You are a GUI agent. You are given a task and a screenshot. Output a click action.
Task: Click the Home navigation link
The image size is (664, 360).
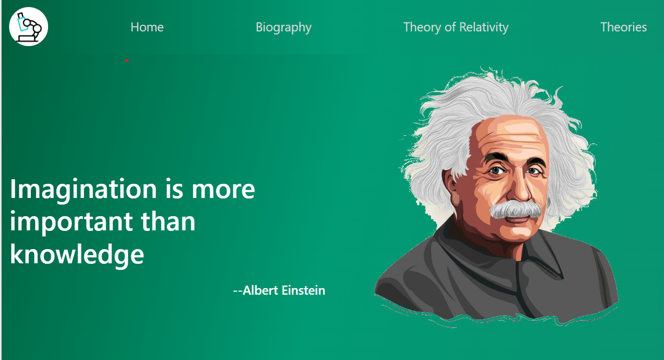coord(147,27)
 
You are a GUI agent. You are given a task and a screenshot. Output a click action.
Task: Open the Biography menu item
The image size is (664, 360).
coord(284,28)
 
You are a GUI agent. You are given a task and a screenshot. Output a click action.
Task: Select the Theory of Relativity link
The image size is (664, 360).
coord(456,27)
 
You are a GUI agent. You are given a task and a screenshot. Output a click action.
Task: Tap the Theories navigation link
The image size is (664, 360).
coord(623,27)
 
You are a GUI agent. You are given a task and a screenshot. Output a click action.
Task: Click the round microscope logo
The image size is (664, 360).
coord(28,27)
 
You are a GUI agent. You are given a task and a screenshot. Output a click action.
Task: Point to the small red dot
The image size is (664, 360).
coord(127,60)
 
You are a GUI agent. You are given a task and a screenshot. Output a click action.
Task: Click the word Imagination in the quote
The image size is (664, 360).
coord(83,190)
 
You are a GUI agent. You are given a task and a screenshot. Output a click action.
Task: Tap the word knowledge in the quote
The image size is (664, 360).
coord(77,254)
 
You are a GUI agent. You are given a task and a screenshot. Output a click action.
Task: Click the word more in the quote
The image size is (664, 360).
coord(223,190)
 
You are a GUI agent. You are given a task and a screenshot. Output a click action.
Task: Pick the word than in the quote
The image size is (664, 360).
coord(168,221)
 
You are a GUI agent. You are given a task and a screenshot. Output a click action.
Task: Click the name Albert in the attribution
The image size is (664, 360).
coord(260,290)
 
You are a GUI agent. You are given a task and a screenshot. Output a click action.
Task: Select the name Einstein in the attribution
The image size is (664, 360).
coord(303,290)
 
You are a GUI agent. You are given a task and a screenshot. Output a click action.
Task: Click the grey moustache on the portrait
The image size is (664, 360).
coord(515,210)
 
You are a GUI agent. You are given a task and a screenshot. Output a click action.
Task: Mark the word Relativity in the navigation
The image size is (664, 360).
coord(484,27)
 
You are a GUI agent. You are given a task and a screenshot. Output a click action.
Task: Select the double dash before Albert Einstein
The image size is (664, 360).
coord(238,291)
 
